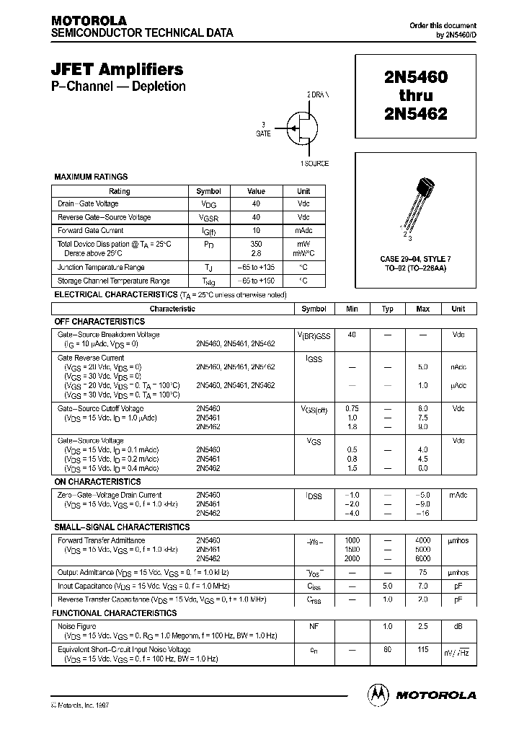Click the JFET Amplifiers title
[117, 69]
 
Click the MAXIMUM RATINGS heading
[91, 177]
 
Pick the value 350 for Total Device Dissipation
[256, 244]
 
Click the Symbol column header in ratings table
[208, 191]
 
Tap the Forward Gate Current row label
[90, 231]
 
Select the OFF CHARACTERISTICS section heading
[99, 322]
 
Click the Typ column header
[388, 309]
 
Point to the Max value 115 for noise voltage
[423, 650]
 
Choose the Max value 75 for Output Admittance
[423, 572]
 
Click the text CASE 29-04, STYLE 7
[415, 258]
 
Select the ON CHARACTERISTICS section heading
[97, 482]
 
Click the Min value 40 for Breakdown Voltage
[352, 335]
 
